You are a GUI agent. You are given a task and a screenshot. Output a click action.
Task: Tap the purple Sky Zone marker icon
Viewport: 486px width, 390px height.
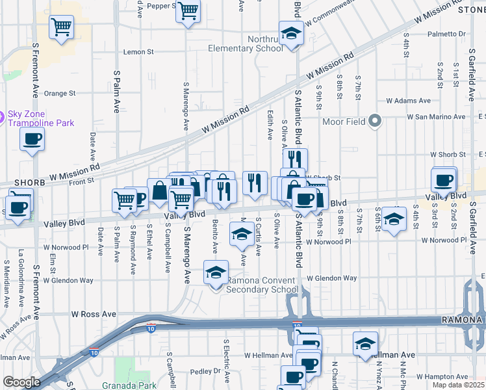tap(2, 118)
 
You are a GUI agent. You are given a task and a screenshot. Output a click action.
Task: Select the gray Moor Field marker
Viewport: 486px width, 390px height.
tap(374, 120)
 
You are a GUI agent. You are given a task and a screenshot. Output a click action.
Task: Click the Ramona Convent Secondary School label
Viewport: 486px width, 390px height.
tap(262, 285)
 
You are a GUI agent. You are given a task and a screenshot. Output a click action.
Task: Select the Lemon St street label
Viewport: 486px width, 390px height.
tap(138, 51)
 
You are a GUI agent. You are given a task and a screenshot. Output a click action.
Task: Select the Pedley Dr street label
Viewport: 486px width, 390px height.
tap(207, 372)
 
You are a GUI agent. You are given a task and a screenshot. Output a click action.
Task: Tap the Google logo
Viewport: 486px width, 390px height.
tap(21, 382)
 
